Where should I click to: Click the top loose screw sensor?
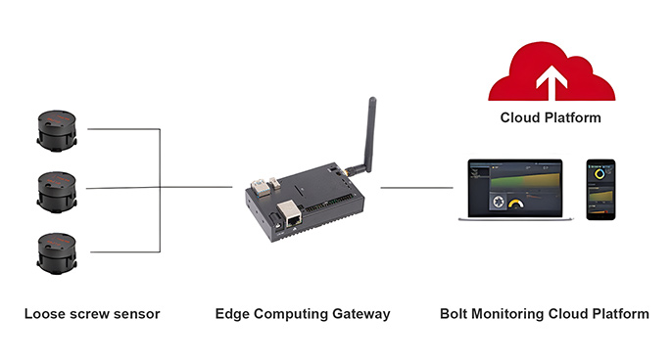click(57, 130)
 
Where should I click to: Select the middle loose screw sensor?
click(57, 193)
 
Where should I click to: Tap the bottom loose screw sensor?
click(57, 253)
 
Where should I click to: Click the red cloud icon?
click(552, 71)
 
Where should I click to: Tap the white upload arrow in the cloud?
click(552, 81)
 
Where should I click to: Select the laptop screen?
click(514, 189)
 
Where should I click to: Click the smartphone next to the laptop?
click(600, 189)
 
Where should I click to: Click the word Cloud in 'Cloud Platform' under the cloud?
click(518, 117)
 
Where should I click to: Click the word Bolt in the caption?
click(454, 314)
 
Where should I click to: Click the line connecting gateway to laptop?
click(416, 188)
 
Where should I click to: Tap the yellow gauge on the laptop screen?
click(515, 203)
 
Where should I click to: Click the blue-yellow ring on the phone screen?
click(600, 173)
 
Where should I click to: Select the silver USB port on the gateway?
click(258, 187)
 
